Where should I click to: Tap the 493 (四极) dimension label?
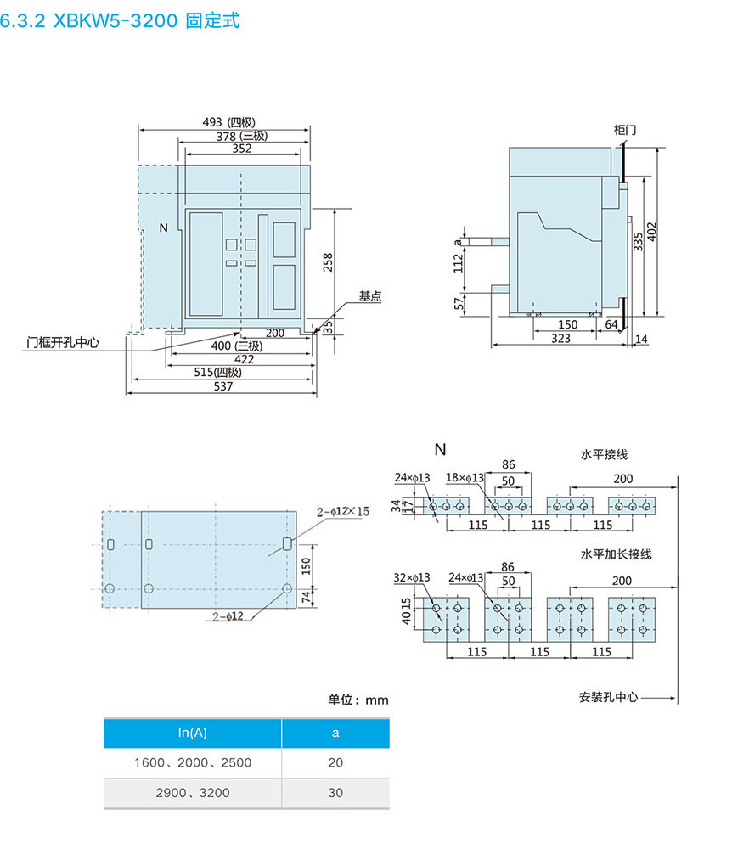[228, 122]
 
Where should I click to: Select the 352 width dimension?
[242, 149]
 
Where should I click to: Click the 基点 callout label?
[369, 296]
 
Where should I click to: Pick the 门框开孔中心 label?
[63, 343]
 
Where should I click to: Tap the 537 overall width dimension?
[222, 385]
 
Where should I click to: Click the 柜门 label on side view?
[624, 130]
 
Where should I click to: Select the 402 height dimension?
[651, 232]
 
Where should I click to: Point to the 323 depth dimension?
[561, 338]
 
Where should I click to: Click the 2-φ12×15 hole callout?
[343, 511]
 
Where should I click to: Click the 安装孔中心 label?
[608, 697]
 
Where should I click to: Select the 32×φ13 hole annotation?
[412, 577]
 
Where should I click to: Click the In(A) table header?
[193, 733]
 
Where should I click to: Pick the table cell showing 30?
[335, 792]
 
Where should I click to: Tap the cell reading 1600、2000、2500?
[193, 762]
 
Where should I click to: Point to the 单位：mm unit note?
[358, 700]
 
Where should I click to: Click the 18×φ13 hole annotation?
[465, 477]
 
